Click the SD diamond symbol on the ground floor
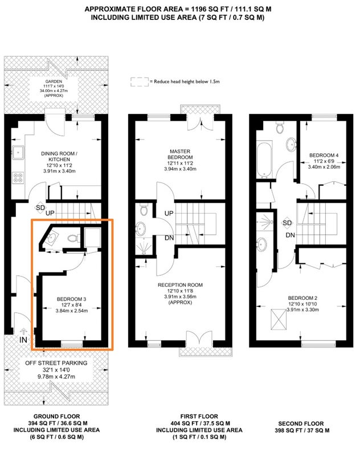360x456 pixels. point(40,207)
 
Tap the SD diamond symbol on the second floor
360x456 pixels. point(287,223)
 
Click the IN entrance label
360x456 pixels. point(23,340)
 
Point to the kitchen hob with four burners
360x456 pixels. point(18,177)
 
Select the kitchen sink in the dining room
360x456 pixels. point(18,152)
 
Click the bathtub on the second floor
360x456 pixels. point(264,160)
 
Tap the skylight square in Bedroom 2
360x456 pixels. point(279,319)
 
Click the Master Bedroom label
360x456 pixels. point(180,154)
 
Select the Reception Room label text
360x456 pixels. point(180,285)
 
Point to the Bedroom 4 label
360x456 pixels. point(324,155)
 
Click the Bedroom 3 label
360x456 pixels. point(71,299)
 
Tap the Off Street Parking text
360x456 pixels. point(56,363)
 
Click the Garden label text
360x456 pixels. point(54,82)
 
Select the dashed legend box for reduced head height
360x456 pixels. point(140,82)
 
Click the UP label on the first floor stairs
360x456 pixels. point(169,213)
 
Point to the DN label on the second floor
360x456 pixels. point(291,235)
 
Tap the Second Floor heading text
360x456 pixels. point(301,424)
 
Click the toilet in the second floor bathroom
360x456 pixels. point(280,127)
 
